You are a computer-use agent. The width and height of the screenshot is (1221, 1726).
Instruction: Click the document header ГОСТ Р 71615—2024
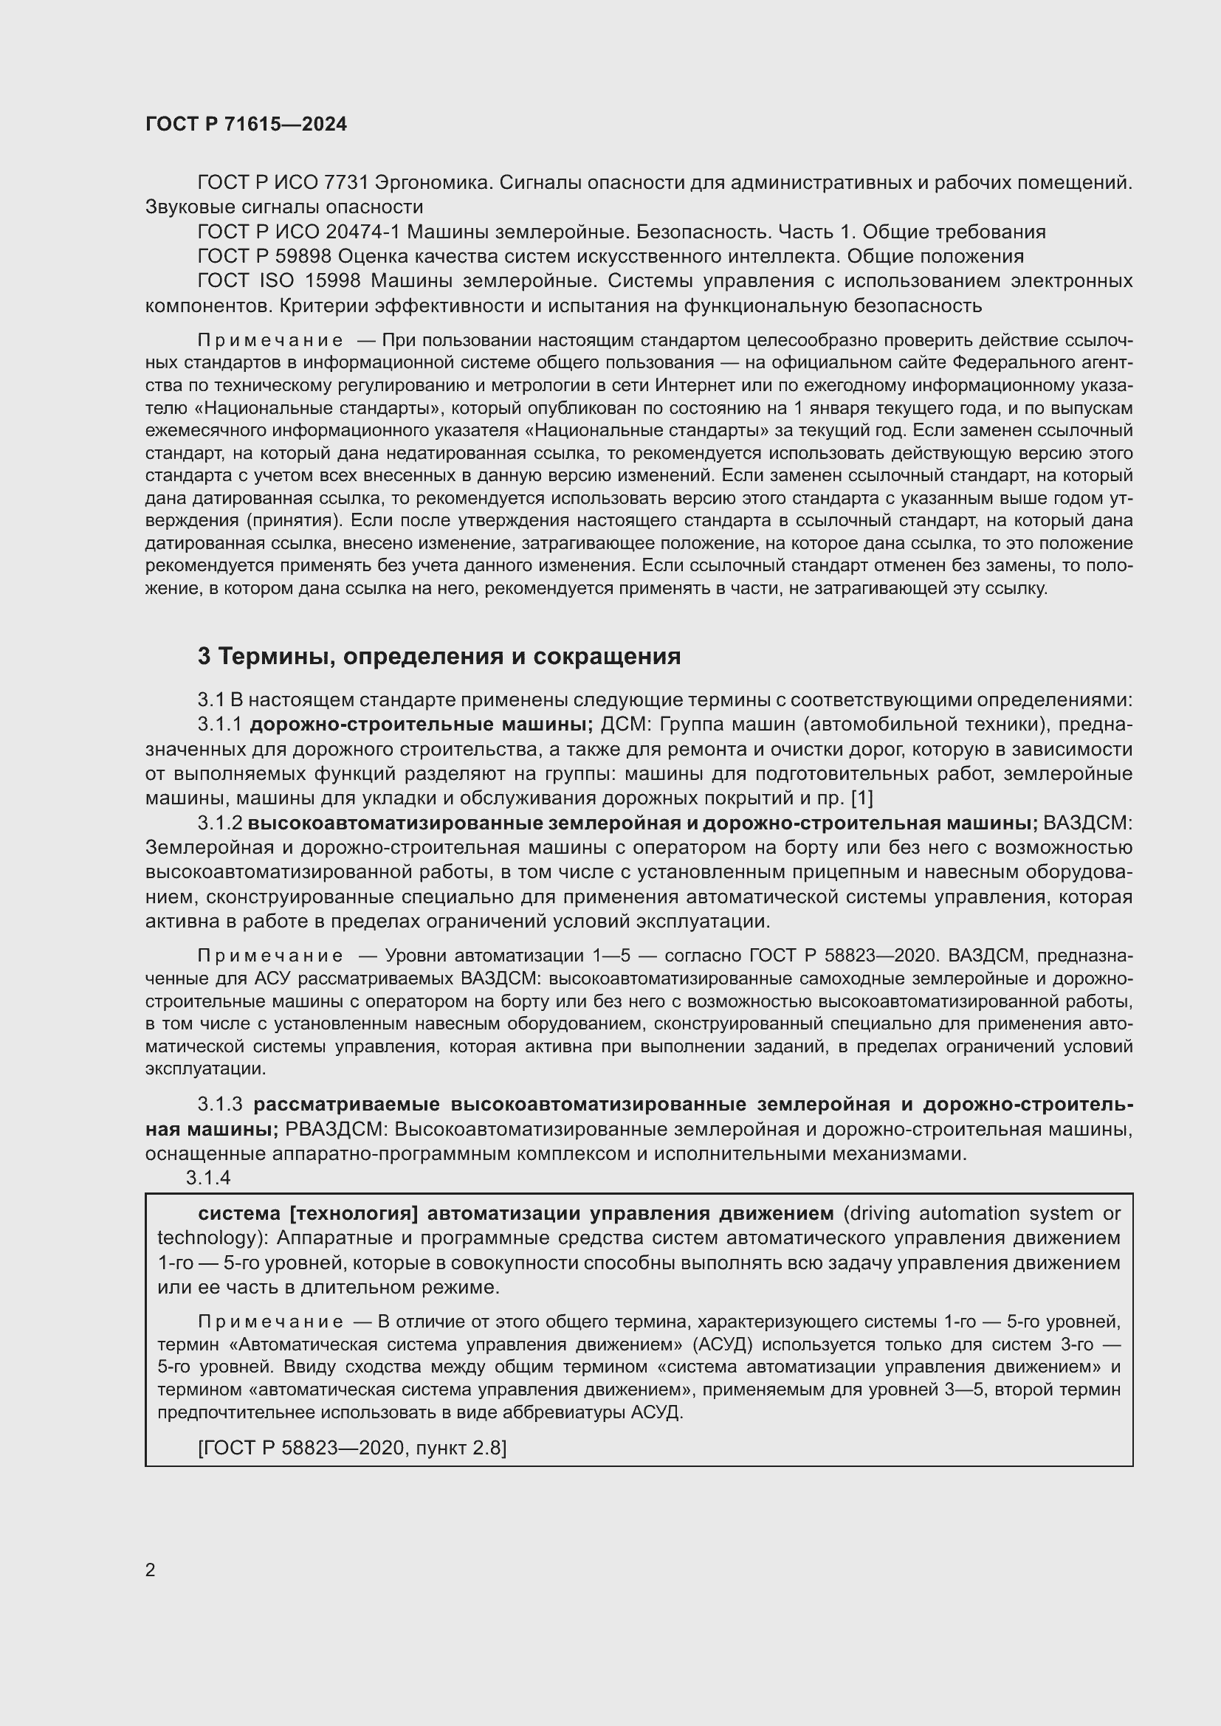[246, 124]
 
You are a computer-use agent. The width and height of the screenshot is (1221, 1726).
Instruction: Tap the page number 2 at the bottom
[151, 1570]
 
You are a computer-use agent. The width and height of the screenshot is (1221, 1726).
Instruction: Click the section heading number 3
[204, 656]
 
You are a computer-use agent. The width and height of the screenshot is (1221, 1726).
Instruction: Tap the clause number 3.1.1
[219, 724]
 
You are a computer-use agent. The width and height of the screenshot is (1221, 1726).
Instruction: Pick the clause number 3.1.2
[219, 824]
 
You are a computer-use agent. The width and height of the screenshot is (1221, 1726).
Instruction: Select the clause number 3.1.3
[219, 1105]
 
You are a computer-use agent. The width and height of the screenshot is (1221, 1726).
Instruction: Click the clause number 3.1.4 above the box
[208, 1178]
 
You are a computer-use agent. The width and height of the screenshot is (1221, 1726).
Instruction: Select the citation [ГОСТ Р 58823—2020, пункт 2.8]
[352, 1447]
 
